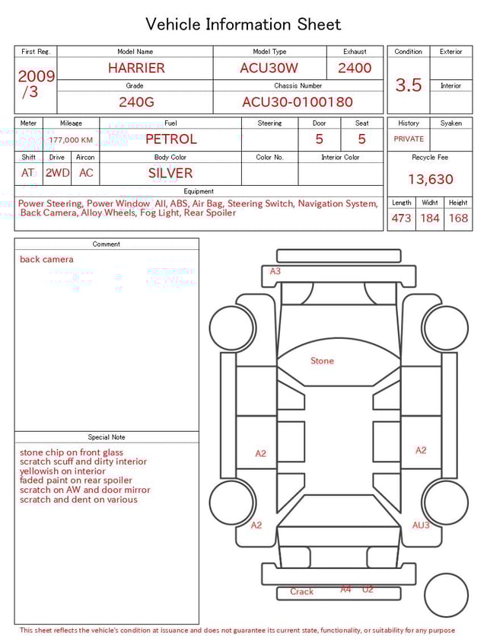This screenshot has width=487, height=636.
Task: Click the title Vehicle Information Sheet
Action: coord(243,24)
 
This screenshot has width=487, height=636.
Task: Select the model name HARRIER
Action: coord(135,68)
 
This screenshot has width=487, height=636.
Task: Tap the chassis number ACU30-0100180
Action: coord(298,102)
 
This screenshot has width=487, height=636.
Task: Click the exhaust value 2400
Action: coord(355,68)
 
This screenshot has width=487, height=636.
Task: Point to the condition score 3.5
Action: coord(409,85)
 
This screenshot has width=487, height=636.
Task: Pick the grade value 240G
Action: coord(135,102)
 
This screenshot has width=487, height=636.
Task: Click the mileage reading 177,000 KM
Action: coord(71,140)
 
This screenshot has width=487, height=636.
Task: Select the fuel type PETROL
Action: coord(171,139)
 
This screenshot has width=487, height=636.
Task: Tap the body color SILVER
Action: coord(170,173)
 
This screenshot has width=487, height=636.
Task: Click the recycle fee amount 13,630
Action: coord(430,180)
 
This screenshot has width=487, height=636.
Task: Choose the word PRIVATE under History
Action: coord(409,139)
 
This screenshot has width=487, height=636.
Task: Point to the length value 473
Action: coord(401,219)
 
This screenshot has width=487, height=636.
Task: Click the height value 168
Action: coord(458,219)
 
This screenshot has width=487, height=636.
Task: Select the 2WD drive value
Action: coord(57,173)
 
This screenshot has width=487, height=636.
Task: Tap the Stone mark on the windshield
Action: coord(322,361)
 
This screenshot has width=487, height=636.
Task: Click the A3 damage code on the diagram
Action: coord(275,271)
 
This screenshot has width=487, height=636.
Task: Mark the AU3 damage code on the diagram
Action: coord(421,526)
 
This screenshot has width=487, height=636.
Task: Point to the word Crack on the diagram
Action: coord(301,592)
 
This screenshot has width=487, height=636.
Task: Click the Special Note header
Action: coord(107,437)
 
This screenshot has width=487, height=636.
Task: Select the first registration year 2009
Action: coord(36,76)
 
